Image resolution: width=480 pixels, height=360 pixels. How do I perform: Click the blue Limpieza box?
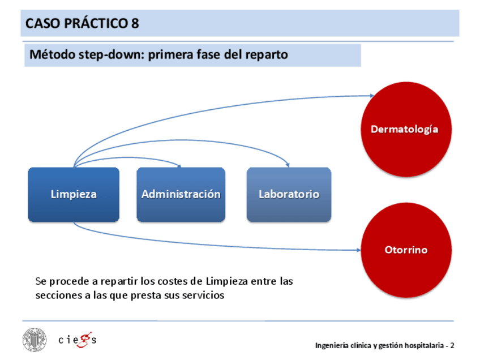point(74,194)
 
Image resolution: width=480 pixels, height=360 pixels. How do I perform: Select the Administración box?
point(181,194)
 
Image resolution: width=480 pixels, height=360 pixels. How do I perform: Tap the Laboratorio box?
point(289,194)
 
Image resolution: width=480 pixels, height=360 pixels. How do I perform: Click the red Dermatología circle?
point(404,129)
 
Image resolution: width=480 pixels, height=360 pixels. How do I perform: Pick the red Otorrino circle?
point(405,250)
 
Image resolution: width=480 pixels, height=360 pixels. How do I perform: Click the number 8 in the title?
point(135,24)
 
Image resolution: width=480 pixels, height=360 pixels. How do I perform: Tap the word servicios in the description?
point(201,295)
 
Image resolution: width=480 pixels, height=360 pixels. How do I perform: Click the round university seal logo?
point(35,340)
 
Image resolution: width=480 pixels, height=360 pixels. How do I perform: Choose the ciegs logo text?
point(78,340)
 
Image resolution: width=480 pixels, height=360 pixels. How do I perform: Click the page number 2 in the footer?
point(452,345)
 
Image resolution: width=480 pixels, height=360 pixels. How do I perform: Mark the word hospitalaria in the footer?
point(419,345)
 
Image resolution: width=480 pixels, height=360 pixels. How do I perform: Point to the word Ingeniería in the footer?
point(333,345)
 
